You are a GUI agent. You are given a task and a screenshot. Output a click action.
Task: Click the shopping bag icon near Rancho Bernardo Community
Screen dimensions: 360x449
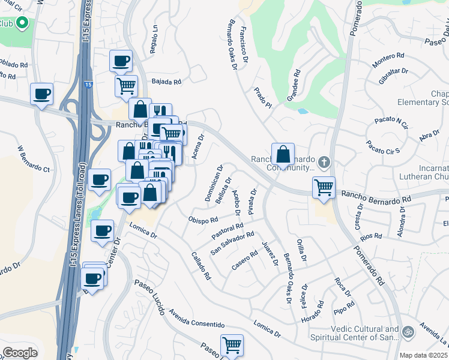(x=282, y=154)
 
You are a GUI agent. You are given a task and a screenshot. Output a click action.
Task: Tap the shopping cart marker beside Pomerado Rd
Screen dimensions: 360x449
(x=324, y=187)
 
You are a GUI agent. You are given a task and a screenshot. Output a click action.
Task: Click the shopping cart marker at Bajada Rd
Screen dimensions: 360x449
(x=126, y=86)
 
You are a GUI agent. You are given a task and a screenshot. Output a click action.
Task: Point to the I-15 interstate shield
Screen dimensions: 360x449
(x=88, y=85)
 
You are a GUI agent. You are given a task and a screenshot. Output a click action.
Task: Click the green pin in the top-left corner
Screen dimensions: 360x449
(x=22, y=23)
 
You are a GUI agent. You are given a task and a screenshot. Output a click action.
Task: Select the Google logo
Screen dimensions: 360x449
(x=20, y=353)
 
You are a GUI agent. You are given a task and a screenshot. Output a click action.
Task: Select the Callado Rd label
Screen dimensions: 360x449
(x=201, y=266)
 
